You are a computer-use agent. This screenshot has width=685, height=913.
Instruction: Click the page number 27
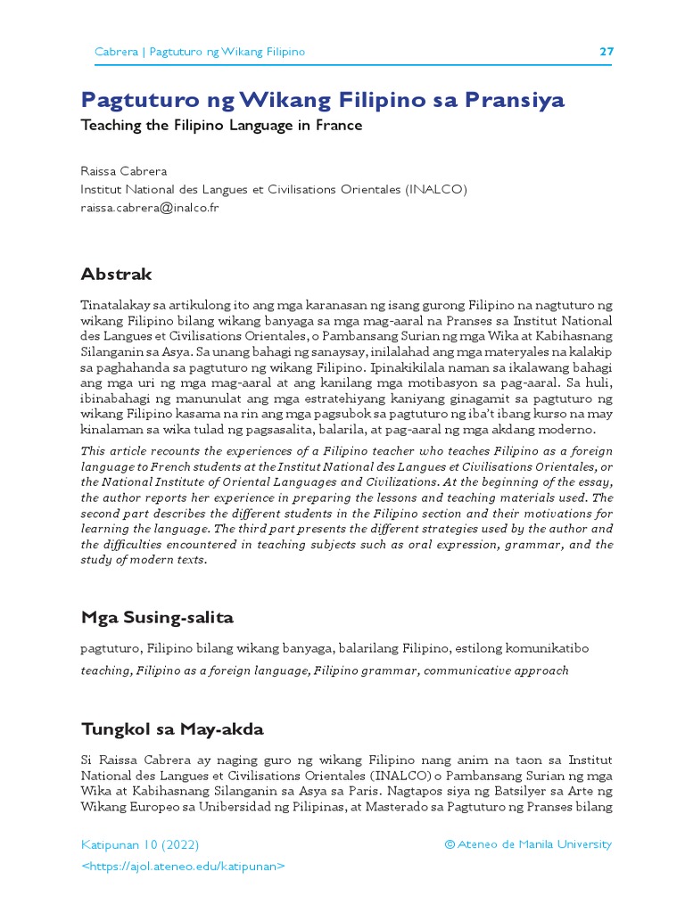point(606,52)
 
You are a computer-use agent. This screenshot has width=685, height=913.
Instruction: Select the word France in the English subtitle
point(339,126)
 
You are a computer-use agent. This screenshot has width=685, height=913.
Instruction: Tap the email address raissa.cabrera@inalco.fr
point(150,208)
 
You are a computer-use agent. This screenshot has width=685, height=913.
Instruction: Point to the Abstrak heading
point(116,274)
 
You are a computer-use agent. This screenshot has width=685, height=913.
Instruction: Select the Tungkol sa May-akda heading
point(172,729)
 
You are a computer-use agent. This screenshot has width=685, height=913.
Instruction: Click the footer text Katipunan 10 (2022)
point(140,843)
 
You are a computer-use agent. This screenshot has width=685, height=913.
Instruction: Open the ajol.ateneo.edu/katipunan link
point(183,866)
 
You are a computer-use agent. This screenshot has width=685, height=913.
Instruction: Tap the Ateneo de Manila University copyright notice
point(528,843)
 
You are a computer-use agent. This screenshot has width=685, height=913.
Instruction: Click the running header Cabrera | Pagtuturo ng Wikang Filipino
point(200,52)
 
